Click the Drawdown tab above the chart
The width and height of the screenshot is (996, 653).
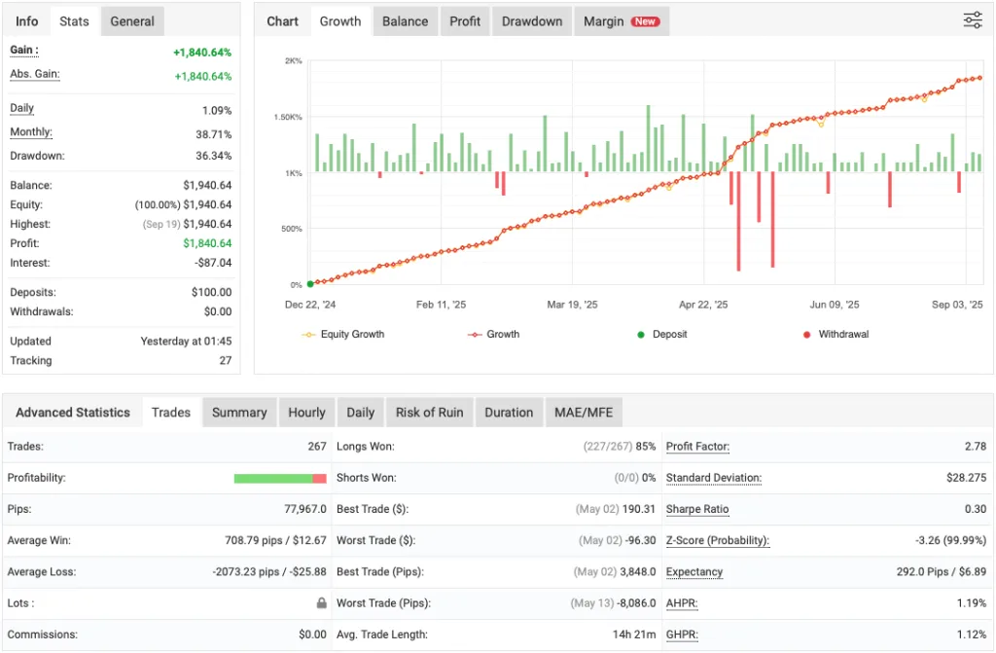tap(532, 21)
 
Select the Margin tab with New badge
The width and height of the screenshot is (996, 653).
tap(621, 21)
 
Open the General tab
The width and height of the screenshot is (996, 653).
tap(132, 21)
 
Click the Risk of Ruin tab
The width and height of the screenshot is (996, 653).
tap(429, 413)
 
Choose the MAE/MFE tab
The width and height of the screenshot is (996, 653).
tap(583, 413)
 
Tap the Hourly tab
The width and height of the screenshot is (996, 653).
tap(306, 413)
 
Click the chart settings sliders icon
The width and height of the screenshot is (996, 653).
tap(972, 20)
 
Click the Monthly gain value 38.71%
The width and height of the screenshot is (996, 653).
tap(213, 133)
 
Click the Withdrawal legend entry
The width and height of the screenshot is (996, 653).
tap(842, 334)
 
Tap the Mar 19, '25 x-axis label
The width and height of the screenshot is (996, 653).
tap(572, 305)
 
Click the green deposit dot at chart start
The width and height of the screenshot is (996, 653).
tap(310, 284)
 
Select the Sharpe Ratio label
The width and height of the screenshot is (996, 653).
tap(697, 509)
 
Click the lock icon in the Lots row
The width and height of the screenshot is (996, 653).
tap(321, 603)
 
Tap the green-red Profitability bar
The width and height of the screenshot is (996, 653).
tap(280, 478)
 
